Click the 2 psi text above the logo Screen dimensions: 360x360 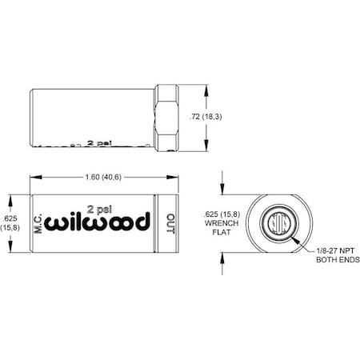98,203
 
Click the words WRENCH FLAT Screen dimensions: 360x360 220,226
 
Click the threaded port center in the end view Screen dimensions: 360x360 277,221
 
